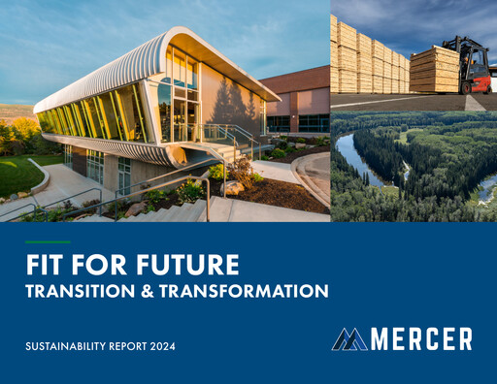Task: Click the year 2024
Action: coord(172,345)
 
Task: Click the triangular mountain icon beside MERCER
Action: coord(349,339)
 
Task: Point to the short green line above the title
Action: coord(53,241)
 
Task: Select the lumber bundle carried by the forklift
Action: coord(434,70)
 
